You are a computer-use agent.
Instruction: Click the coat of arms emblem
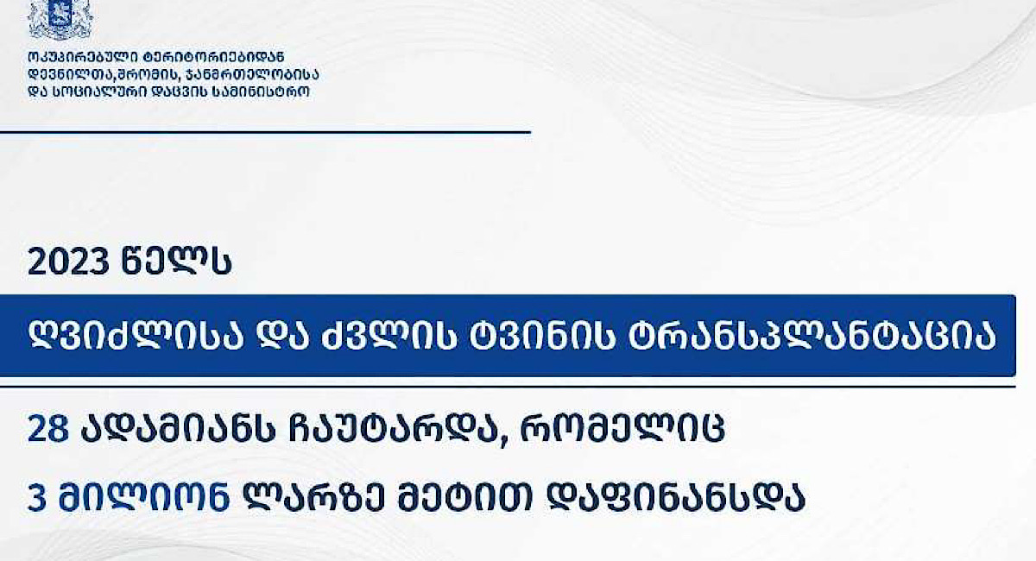[60, 20]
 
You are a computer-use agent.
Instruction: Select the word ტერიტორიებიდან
[214, 57]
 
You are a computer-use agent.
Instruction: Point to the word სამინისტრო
[261, 91]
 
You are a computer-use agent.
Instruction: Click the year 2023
[68, 262]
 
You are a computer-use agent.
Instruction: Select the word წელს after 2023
[176, 262]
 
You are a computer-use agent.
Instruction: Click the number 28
[48, 429]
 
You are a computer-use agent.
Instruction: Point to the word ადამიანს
[178, 429]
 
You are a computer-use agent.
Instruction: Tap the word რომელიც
[622, 429]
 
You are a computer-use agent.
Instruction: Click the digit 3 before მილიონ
[37, 498]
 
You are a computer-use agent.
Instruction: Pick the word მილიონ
[144, 498]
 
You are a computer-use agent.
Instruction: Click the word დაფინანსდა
[676, 498]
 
